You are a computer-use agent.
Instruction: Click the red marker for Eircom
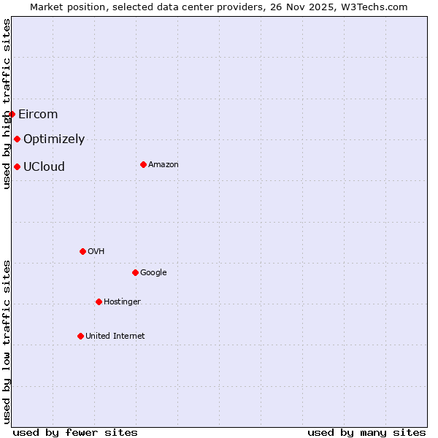pos(12,114)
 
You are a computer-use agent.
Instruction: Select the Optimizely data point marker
pos(17,139)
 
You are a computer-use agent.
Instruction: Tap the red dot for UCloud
pos(17,166)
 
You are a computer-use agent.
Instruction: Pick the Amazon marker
pos(143,164)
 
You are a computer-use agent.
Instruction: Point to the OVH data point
pos(82,251)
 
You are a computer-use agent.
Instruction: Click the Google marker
pos(135,272)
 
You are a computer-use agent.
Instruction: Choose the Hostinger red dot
pos(99,301)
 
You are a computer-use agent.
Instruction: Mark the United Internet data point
pos(80,336)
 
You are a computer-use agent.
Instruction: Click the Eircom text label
pos(38,114)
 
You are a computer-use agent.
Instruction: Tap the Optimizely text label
pos(54,139)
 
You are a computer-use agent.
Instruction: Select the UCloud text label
pos(44,166)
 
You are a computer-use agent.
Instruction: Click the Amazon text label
pos(164,164)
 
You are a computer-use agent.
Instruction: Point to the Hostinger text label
pos(122,301)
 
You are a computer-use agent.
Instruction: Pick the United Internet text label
pos(115,336)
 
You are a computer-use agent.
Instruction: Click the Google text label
pos(153,272)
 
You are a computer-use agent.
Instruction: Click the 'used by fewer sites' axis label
pos(75,432)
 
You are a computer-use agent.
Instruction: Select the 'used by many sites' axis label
pos(366,432)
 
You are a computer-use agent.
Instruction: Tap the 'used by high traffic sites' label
pos(7,104)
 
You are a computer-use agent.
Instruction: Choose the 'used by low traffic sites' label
pos(7,342)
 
